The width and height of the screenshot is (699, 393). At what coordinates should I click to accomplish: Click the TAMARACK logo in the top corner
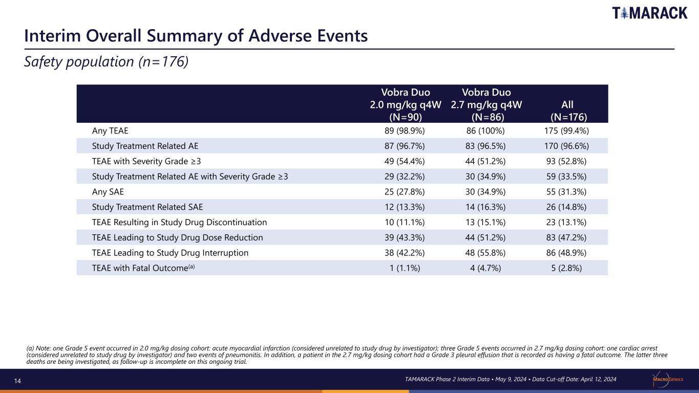(x=650, y=13)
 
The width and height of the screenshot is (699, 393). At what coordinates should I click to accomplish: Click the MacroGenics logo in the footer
(x=668, y=379)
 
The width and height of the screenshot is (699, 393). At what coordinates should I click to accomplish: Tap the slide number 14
(x=17, y=381)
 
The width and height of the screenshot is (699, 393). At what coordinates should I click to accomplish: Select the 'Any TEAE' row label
(x=110, y=130)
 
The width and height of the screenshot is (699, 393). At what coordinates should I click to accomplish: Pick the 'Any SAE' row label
(x=108, y=191)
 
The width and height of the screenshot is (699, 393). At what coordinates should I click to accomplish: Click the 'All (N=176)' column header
(x=568, y=111)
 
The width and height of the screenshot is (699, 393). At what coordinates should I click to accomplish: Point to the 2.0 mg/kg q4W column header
(x=406, y=104)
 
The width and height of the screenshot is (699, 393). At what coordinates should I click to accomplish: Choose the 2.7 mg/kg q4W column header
(x=486, y=104)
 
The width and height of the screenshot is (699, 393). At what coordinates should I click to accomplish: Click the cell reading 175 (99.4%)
(x=566, y=130)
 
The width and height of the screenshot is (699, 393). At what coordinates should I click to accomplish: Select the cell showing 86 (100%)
(x=485, y=130)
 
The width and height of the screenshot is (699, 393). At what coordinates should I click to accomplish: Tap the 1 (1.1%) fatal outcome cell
(x=405, y=268)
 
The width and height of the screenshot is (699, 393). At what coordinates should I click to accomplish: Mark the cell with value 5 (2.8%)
(x=566, y=268)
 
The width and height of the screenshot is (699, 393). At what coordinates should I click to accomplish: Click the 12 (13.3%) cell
(x=405, y=207)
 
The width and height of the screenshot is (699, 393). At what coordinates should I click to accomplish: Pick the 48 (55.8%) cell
(x=485, y=253)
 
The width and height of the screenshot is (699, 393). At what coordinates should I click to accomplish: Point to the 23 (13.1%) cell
(x=566, y=223)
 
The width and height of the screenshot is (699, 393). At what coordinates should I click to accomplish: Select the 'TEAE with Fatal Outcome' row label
(x=143, y=268)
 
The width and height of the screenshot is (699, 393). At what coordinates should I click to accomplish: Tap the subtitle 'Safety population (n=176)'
(x=107, y=61)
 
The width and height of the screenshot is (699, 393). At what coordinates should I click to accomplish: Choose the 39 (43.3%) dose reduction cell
(x=405, y=237)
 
